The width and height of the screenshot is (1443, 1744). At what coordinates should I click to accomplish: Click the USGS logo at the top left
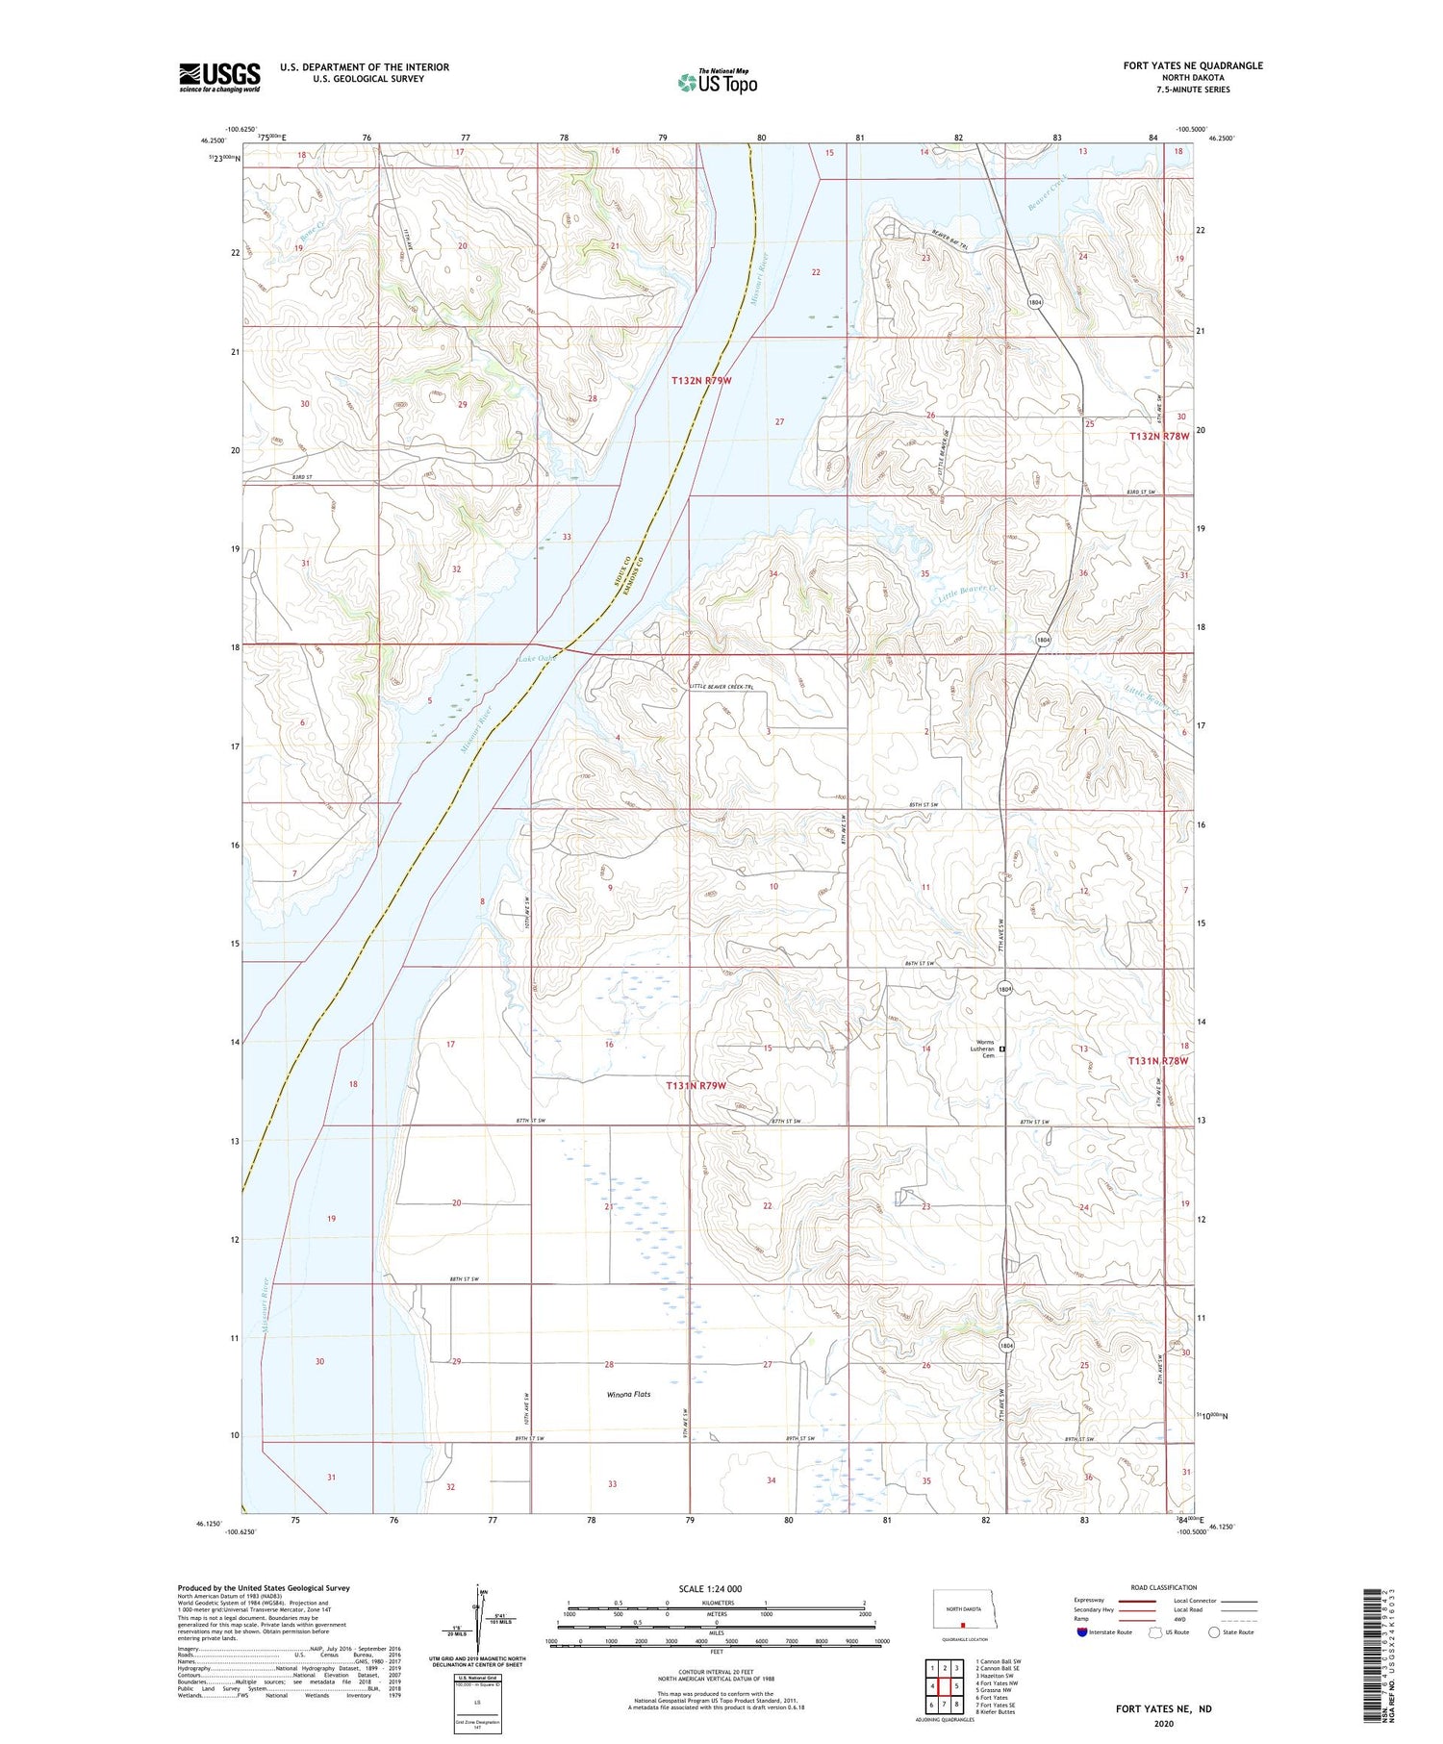pyautogui.click(x=219, y=77)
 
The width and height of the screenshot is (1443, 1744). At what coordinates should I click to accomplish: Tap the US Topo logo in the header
pyautogui.click(x=718, y=83)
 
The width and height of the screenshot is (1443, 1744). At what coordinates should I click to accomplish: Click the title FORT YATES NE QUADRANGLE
pyautogui.click(x=1192, y=65)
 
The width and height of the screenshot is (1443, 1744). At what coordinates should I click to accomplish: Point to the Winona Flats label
pyautogui.click(x=628, y=1394)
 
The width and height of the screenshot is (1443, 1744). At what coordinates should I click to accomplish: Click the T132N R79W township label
pyautogui.click(x=701, y=381)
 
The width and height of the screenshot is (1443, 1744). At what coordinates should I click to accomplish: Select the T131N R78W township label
pyautogui.click(x=1158, y=1061)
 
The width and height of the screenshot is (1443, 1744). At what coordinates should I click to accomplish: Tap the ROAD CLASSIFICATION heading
pyautogui.click(x=1163, y=1587)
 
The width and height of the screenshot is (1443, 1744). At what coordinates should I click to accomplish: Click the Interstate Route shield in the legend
pyautogui.click(x=1082, y=1632)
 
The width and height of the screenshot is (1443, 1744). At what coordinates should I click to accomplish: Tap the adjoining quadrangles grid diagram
pyautogui.click(x=945, y=1685)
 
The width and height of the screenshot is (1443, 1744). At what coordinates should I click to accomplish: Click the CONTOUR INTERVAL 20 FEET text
pyautogui.click(x=716, y=1673)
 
